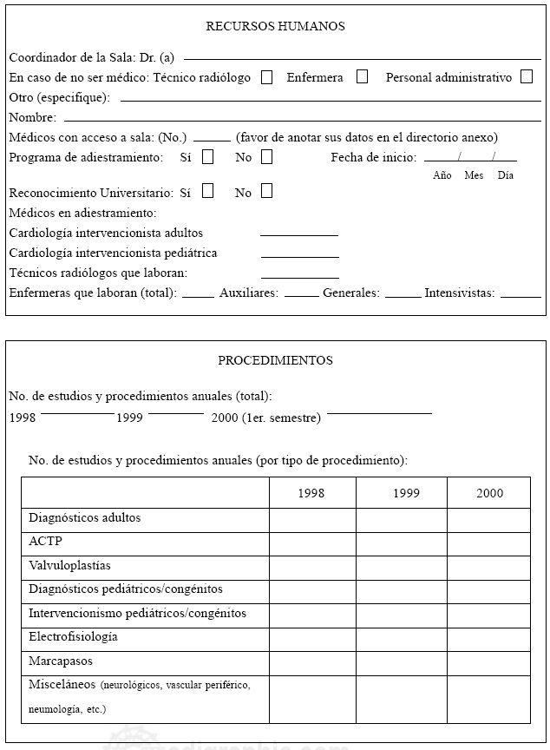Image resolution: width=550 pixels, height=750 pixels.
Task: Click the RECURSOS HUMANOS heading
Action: pos(275,26)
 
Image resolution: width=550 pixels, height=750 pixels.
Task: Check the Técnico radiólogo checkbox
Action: pos(267,76)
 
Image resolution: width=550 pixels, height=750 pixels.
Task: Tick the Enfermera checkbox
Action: pos(362,76)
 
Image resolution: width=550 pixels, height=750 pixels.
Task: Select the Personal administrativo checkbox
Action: pos(527,76)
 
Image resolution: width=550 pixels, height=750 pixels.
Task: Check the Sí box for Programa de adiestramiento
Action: pos(207,157)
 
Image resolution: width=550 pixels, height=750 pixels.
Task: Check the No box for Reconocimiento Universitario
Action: pos(266,191)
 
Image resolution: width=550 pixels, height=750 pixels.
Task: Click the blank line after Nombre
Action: pos(302,118)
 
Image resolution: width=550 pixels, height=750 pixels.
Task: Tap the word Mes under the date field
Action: pos(474,175)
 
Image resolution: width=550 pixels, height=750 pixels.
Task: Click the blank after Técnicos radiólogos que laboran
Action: pos(299,274)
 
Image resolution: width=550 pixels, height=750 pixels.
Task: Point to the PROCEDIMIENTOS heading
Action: pos(275,360)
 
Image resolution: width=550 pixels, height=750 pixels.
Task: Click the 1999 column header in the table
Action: pos(405,493)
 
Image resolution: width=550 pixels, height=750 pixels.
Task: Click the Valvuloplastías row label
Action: pos(69,566)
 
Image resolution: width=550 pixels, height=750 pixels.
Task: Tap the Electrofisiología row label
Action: pos(73,637)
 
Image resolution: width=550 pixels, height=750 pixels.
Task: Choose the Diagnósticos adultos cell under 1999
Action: pos(401,520)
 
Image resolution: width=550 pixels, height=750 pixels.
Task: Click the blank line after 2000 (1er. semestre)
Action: pos(379,413)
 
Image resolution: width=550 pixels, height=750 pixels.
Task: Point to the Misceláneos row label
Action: pos(62,685)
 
